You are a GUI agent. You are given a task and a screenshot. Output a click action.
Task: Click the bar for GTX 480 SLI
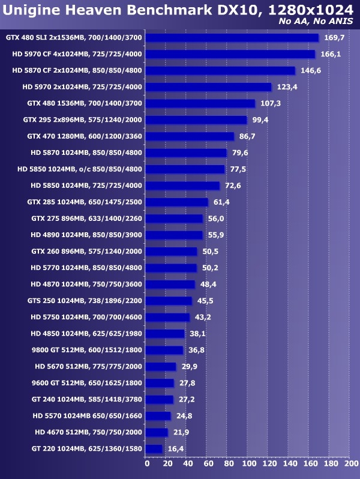(232, 38)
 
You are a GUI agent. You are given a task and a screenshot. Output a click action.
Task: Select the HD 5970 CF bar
(230, 54)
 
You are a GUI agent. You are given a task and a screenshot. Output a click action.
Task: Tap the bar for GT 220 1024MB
(154, 448)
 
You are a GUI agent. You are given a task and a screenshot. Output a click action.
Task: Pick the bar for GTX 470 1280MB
(190, 136)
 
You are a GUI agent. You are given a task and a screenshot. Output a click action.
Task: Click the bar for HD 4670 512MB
(157, 432)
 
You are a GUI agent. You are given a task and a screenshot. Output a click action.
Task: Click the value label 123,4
(287, 87)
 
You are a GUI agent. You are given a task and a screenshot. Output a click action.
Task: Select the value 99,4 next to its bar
(260, 120)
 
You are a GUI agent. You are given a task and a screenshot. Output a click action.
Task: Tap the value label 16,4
(175, 448)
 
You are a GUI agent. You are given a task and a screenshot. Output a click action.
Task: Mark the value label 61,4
(221, 202)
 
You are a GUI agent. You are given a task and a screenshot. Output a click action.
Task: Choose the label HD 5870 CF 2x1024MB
(77, 71)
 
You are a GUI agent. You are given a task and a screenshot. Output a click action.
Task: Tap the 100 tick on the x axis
(248, 463)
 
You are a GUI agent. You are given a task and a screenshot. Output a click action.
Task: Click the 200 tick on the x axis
(349, 463)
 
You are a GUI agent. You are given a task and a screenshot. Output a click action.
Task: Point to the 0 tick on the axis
(146, 463)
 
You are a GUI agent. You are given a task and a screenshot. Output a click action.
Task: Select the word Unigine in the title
(31, 9)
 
